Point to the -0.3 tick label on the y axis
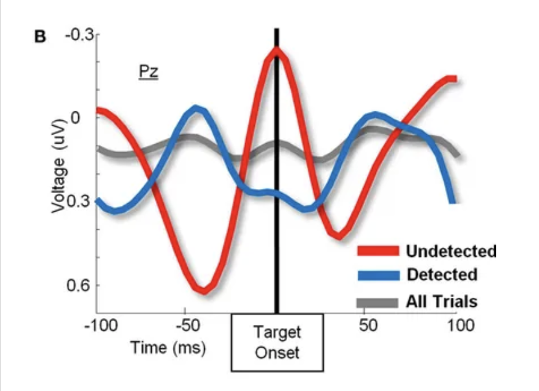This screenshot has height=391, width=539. pyautogui.click(x=77, y=35)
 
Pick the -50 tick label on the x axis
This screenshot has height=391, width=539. pyautogui.click(x=187, y=325)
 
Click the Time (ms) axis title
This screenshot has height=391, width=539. pyautogui.click(x=168, y=348)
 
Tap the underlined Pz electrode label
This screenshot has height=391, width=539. pyautogui.click(x=148, y=71)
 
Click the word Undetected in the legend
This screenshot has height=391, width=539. pyautogui.click(x=451, y=251)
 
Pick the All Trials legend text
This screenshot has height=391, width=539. pyautogui.click(x=441, y=301)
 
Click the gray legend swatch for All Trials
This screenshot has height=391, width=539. pyautogui.click(x=377, y=302)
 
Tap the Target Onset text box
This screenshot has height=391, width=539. pyautogui.click(x=277, y=342)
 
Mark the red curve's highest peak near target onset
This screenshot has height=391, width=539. pyautogui.click(x=275, y=50)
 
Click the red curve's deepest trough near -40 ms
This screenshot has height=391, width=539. pyautogui.click(x=204, y=290)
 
